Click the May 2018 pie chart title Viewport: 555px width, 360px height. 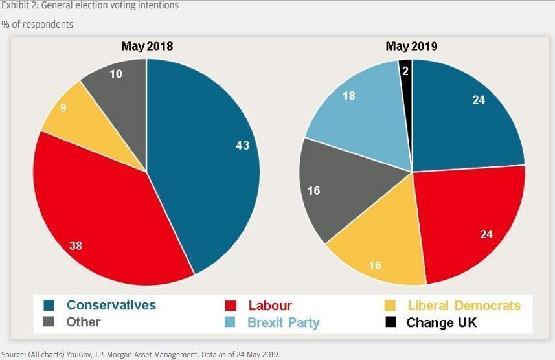tap(147, 47)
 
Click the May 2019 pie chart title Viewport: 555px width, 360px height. tap(411, 47)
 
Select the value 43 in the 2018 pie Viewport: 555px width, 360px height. tap(242, 146)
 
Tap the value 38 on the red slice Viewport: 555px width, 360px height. tap(76, 246)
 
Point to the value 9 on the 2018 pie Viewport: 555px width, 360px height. tap(63, 108)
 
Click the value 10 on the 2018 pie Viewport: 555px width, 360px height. tap(115, 74)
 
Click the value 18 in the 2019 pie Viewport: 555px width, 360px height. tap(348, 96)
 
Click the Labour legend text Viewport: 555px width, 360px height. tap(270, 306)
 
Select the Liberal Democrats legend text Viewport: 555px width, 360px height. tap(464, 306)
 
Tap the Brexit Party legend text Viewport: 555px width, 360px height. tap(284, 322)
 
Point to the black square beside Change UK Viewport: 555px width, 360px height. tap(391, 322)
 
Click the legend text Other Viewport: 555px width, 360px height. tap(84, 322)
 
